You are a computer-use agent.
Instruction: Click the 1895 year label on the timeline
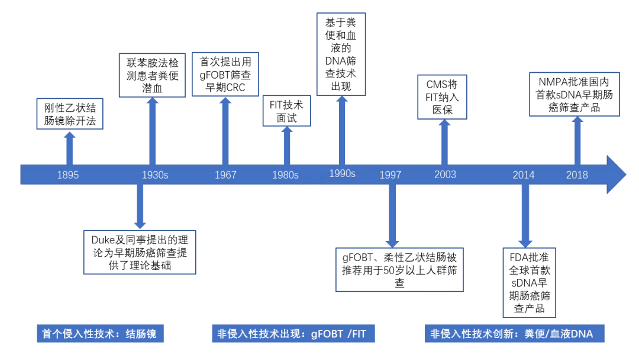click(x=68, y=175)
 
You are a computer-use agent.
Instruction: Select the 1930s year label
click(x=154, y=175)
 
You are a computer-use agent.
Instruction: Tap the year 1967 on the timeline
click(x=225, y=175)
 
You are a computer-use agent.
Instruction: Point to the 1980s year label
click(x=285, y=175)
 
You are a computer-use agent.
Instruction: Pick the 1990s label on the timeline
click(x=342, y=173)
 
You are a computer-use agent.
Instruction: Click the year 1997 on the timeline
click(x=390, y=175)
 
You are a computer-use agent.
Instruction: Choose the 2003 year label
click(x=445, y=175)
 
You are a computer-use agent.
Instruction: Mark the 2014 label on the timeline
click(x=524, y=175)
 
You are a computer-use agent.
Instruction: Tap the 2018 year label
click(x=577, y=175)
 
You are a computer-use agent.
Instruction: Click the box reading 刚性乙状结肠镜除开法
click(x=70, y=115)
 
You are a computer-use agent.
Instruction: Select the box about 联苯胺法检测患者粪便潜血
click(x=153, y=75)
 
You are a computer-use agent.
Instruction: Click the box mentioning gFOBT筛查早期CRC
click(x=225, y=75)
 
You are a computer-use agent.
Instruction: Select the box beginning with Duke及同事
click(x=140, y=252)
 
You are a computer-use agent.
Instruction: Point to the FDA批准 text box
click(x=530, y=284)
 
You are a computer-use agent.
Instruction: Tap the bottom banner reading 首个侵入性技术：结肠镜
click(x=99, y=334)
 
